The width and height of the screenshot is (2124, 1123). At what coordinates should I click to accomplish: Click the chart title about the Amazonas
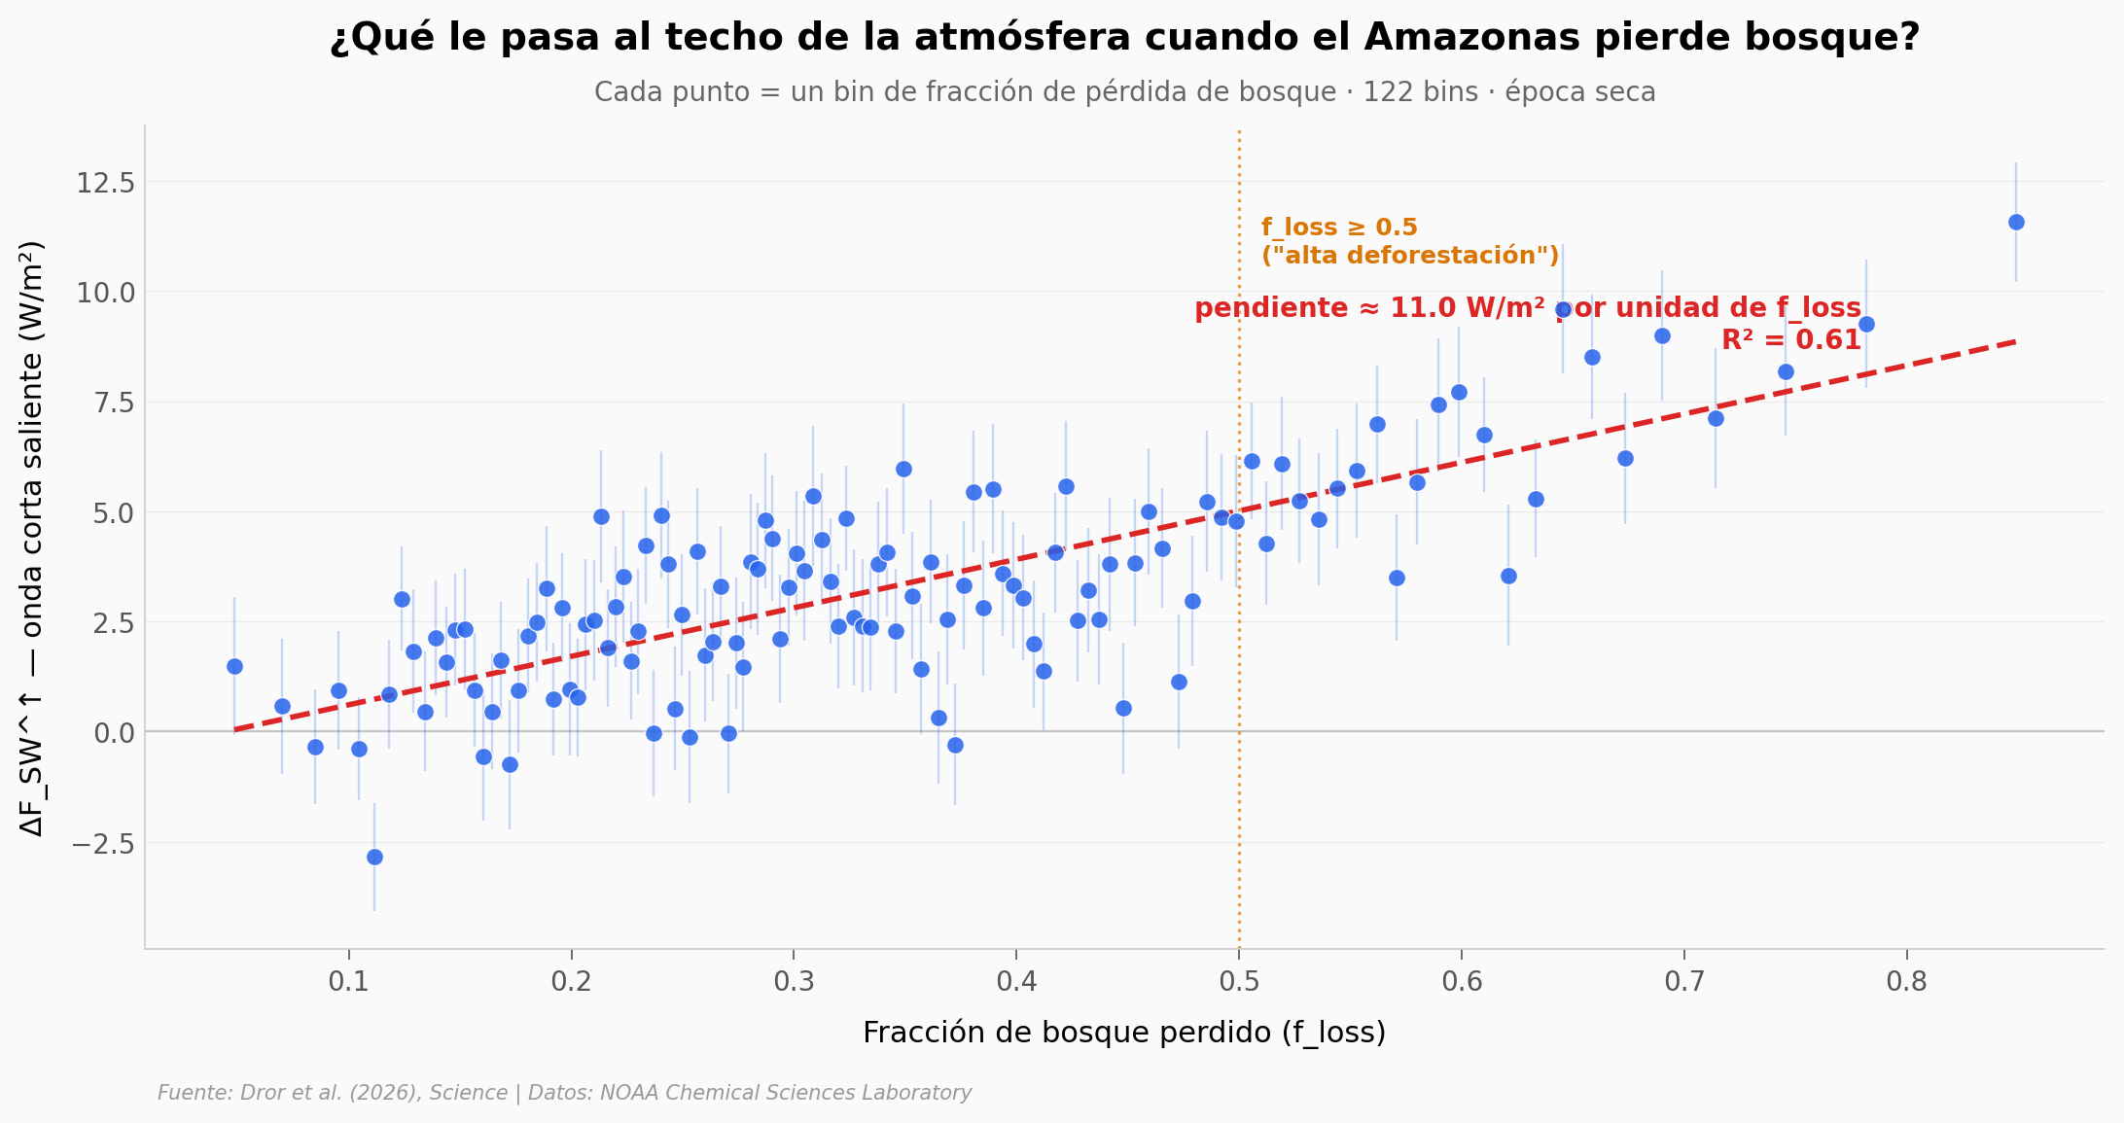1124,38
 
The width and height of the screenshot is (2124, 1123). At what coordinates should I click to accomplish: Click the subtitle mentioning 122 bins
1124,92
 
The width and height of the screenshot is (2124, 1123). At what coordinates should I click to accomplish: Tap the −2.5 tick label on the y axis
102,843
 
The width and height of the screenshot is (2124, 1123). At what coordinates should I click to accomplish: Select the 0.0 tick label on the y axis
114,733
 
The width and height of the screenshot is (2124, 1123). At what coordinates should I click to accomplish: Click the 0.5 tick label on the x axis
1238,981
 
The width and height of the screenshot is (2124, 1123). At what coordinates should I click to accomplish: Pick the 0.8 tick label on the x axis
1906,981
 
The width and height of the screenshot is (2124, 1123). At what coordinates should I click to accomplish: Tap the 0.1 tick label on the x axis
348,981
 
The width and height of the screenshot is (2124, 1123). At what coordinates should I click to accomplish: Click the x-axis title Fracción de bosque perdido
1124,1033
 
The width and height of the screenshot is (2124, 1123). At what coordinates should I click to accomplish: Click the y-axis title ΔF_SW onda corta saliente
32,538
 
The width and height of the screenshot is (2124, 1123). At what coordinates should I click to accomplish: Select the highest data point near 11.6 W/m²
2016,223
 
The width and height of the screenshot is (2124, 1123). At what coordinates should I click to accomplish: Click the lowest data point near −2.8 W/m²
374,857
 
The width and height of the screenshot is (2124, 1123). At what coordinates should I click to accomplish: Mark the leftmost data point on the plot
234,666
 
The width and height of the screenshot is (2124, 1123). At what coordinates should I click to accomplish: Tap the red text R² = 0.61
1790,341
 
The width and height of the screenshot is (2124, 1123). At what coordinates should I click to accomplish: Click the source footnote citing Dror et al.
564,1093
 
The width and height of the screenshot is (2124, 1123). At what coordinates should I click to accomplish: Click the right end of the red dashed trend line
2014,341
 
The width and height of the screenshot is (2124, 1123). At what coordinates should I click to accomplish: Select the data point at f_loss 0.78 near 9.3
1866,324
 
